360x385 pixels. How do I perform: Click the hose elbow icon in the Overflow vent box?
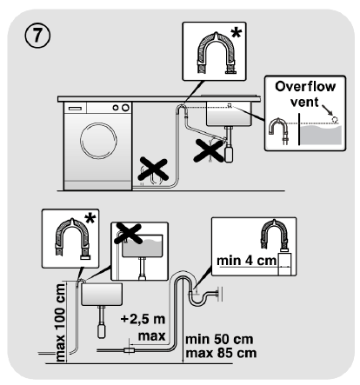(x=281, y=131)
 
